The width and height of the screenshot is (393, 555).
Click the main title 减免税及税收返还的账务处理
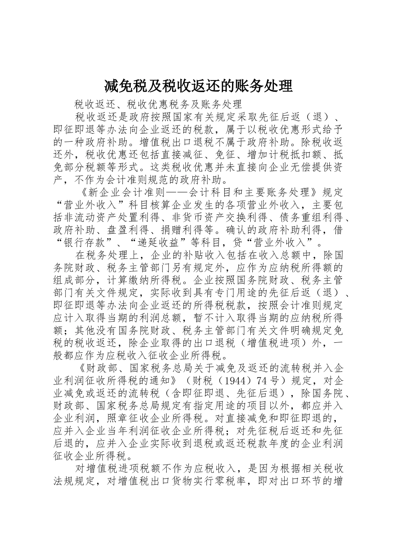(198, 86)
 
